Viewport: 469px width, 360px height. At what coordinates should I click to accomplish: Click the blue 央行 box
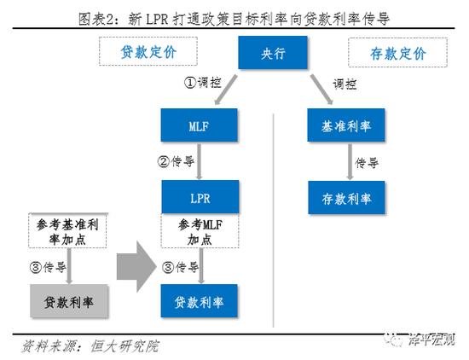tap(273, 53)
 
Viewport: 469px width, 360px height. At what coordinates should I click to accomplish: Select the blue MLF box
tap(199, 125)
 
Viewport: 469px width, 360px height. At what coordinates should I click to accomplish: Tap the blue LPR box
tap(200, 197)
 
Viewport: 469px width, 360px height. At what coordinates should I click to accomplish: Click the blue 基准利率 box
tap(345, 125)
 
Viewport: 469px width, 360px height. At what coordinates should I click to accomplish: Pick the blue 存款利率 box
tap(346, 198)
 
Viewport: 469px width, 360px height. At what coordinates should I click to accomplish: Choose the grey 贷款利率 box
tap(69, 301)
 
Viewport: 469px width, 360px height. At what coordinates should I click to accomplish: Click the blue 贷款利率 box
tap(199, 301)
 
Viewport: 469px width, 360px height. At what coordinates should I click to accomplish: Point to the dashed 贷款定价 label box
tap(148, 51)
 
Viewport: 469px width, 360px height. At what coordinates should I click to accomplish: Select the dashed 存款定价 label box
tap(398, 53)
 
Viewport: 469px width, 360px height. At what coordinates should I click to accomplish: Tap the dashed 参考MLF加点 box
tap(200, 230)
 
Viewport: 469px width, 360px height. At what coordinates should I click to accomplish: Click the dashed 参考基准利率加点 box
tap(67, 230)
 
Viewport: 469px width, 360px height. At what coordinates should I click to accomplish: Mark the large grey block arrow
tap(136, 266)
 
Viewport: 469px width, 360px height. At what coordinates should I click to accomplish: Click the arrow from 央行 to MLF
tap(226, 90)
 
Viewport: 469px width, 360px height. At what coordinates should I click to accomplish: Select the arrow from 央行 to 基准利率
tap(321, 90)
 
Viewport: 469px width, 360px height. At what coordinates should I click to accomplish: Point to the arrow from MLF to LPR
tap(199, 161)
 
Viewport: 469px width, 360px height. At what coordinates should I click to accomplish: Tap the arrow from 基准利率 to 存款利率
tap(350, 161)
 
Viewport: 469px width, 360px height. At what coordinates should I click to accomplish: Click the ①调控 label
tap(202, 82)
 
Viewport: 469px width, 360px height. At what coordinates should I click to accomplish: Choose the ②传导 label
tap(176, 161)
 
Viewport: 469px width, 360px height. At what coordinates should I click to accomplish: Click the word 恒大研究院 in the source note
tap(124, 346)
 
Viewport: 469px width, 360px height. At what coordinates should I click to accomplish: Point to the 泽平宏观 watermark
tap(420, 340)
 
